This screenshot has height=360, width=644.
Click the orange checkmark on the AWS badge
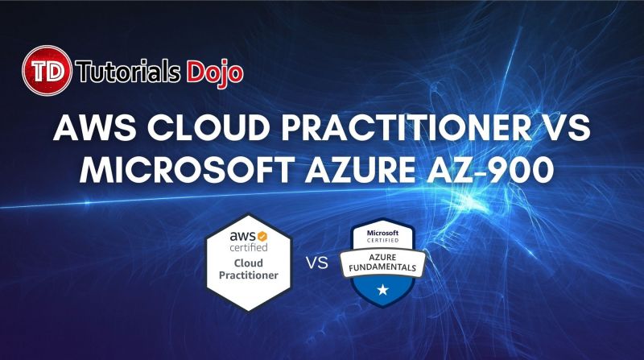click(261, 237)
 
